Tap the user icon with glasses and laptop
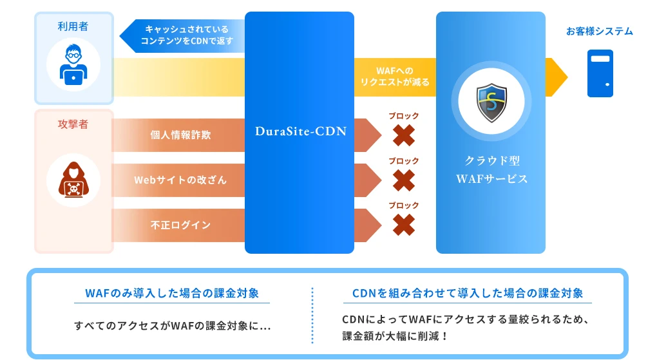(x=73, y=65)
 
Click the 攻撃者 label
(x=73, y=124)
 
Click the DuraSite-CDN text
(x=301, y=131)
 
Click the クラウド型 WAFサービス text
(x=491, y=169)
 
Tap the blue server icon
(x=600, y=73)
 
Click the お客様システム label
(x=600, y=31)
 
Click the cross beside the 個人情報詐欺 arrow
(x=404, y=136)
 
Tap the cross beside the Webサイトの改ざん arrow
(x=404, y=180)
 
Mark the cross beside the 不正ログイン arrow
(x=404, y=225)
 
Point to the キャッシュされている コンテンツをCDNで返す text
(x=186, y=35)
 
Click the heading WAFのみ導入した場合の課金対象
(x=172, y=294)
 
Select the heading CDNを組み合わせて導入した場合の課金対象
(x=468, y=294)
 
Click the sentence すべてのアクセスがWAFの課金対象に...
(x=172, y=326)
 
